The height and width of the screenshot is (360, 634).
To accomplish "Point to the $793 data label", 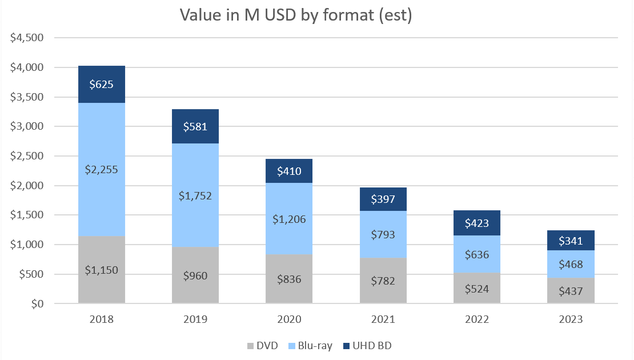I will coord(383,234).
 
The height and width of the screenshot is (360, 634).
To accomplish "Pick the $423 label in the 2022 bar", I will coord(477,223).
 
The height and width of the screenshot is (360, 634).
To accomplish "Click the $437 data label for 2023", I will coord(571,291).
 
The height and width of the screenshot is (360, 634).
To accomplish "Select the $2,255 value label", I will coord(102,169).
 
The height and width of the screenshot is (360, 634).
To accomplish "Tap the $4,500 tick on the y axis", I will coord(27,38).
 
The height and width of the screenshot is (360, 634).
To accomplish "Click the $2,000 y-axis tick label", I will coord(27,186).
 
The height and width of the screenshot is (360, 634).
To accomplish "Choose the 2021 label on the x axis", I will coord(383,319).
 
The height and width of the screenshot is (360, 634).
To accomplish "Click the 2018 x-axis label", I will coord(102,319).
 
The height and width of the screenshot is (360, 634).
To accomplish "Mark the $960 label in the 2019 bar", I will coord(195,276).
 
